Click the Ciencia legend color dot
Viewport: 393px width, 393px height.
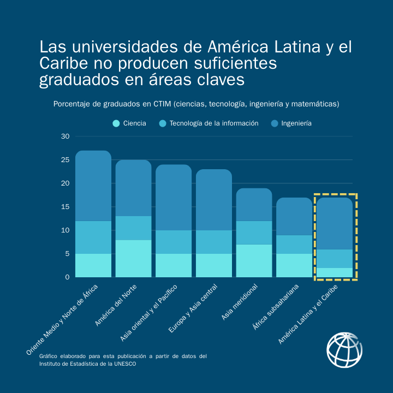[116, 123]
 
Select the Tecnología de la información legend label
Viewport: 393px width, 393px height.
[213, 123]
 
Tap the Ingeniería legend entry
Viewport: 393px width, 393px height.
[296, 123]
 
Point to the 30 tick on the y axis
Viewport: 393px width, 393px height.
[65, 136]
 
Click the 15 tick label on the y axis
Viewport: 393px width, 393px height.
[65, 207]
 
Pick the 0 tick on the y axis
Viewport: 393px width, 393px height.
[68, 277]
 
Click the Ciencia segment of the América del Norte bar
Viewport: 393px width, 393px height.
[133, 258]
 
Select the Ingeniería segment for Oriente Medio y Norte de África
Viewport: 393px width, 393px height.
[93, 186]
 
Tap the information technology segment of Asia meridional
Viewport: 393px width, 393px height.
[254, 233]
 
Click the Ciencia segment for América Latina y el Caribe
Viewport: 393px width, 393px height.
[335, 272]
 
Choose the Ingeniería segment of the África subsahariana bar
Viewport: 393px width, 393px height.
[294, 216]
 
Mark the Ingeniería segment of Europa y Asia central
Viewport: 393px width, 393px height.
[214, 200]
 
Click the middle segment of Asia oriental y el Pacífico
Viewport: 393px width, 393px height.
[174, 242]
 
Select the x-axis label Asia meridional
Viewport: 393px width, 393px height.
[239, 301]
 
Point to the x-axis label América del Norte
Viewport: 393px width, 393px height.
[115, 305]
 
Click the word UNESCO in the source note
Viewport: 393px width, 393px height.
[124, 364]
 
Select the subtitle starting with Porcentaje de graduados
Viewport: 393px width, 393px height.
[196, 104]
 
